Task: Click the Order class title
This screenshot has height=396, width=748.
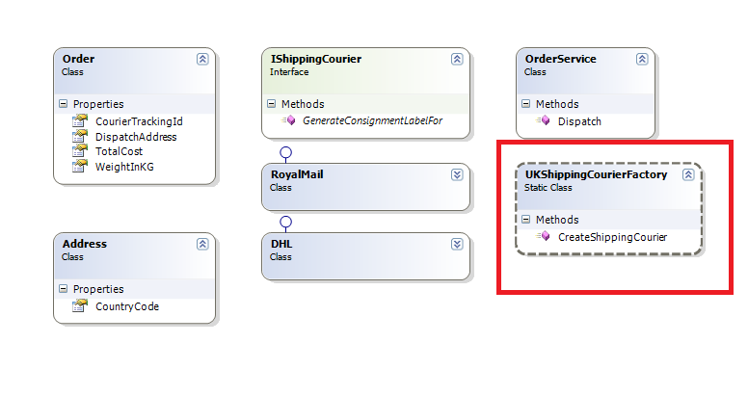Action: point(78,60)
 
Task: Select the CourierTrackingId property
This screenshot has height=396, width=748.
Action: point(139,121)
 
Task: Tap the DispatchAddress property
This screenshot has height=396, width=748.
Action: point(136,137)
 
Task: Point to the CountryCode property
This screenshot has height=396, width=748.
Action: point(127,306)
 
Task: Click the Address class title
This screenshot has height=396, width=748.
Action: point(84,245)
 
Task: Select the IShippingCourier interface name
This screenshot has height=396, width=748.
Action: point(316,60)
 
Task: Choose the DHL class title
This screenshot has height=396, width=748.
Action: point(280,245)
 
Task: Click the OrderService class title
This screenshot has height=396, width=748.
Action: point(561,60)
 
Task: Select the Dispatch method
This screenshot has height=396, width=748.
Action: point(579,121)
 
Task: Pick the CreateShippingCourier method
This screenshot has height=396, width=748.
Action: point(612,236)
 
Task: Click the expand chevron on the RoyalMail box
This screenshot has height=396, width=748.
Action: point(457,174)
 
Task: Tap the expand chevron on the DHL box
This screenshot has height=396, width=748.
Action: point(457,245)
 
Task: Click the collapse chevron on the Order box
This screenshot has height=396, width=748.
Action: point(202,59)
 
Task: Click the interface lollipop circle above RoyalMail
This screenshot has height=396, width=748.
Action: point(285,153)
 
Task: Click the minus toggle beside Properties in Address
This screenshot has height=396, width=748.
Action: point(64,289)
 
